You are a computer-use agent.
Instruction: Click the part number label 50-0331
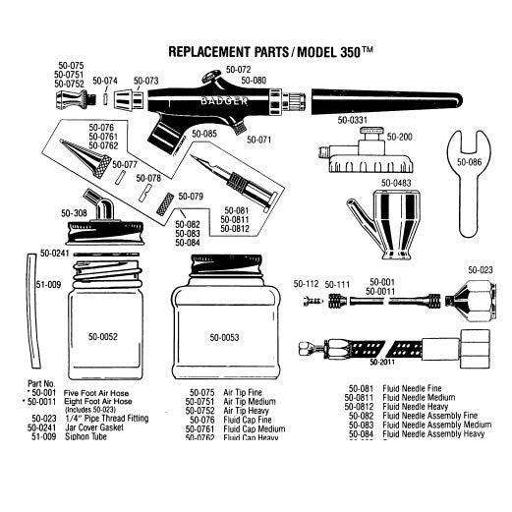pos(352,121)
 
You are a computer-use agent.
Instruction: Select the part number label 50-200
pos(400,138)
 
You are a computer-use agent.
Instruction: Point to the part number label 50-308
pos(74,213)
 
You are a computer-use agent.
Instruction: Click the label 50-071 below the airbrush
pos(259,140)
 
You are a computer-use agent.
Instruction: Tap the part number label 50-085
pos(204,133)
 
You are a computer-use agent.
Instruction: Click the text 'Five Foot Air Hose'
pos(98,392)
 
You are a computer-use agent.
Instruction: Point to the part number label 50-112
pos(307,283)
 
